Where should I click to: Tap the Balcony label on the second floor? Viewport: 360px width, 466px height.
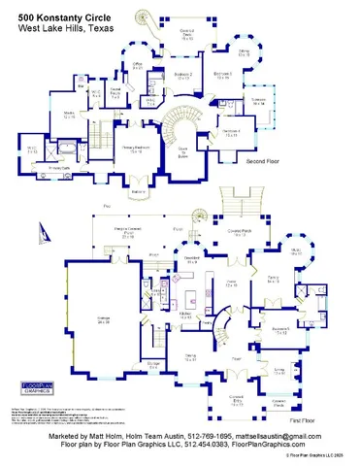coord(138,191)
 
